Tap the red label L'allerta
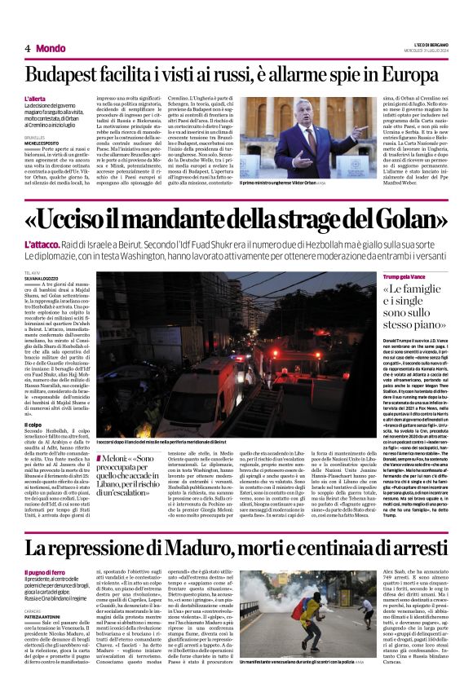tap(37, 98)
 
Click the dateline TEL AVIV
tap(33, 272)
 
